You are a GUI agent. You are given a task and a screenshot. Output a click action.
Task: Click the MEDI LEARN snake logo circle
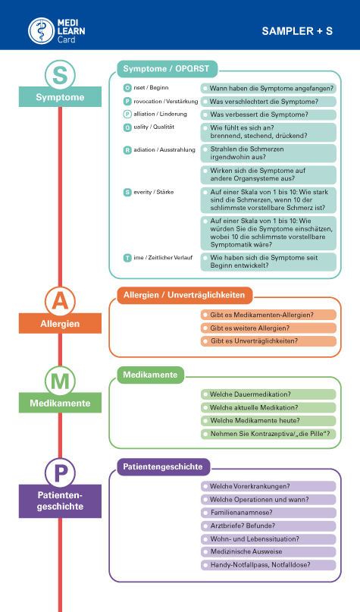pos(42,30)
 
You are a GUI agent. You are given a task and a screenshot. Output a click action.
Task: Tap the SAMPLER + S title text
pos(297,31)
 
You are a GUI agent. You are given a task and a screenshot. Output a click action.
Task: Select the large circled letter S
pos(60,75)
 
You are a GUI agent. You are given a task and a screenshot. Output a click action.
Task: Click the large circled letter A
pos(60,302)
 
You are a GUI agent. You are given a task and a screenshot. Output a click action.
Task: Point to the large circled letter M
pos(60,381)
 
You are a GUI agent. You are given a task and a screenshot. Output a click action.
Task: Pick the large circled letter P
pos(60,473)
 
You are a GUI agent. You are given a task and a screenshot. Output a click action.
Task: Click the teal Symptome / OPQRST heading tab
pos(167,69)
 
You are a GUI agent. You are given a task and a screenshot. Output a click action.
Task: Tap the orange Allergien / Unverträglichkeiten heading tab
pos(184,295)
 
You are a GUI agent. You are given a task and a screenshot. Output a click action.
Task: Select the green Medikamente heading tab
pos(151,375)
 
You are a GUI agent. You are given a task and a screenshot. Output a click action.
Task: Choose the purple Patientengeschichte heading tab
pos(163,467)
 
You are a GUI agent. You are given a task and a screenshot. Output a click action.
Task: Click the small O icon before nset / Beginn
pos(127,88)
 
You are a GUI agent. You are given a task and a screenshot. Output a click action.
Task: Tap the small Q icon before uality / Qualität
pos(127,127)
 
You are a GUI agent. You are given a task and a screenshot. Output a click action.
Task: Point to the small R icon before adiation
pos(127,150)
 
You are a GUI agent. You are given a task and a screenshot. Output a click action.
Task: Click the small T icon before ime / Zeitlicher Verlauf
pos(127,258)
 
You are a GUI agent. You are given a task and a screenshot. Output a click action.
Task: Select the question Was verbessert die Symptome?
pos(268,115)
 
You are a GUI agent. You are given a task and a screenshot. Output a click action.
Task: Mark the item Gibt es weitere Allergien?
pos(268,328)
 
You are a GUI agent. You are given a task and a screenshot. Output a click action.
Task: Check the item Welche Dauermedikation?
pos(268,394)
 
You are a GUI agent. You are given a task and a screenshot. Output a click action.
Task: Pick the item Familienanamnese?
pos(268,513)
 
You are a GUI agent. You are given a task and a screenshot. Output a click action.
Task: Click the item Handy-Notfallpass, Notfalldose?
pos(268,565)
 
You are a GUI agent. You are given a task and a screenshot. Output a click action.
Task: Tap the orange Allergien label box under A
pos(60,324)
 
